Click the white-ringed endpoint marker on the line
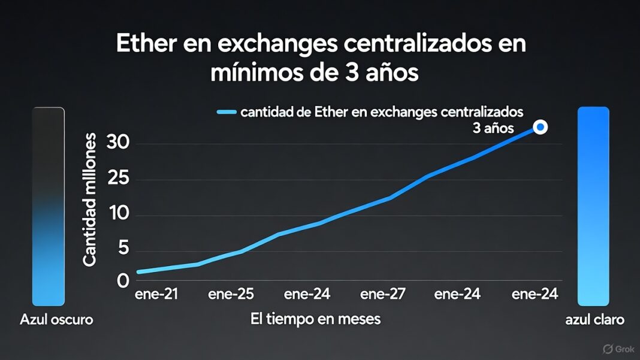pos(540,127)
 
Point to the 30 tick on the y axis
pos(118,143)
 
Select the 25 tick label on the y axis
pos(118,180)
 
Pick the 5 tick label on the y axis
pos(123,249)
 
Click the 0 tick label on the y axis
pos(123,280)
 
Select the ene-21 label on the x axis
pos(156,294)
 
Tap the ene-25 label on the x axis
pos(231,294)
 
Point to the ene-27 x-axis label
pos(382,294)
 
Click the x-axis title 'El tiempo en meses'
pos(315,319)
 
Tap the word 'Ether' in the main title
pos(147,46)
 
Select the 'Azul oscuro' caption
pos(56,319)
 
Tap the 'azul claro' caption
pos(594,319)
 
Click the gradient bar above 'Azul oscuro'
pos(48,207)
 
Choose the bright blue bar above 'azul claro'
pos(593,207)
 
